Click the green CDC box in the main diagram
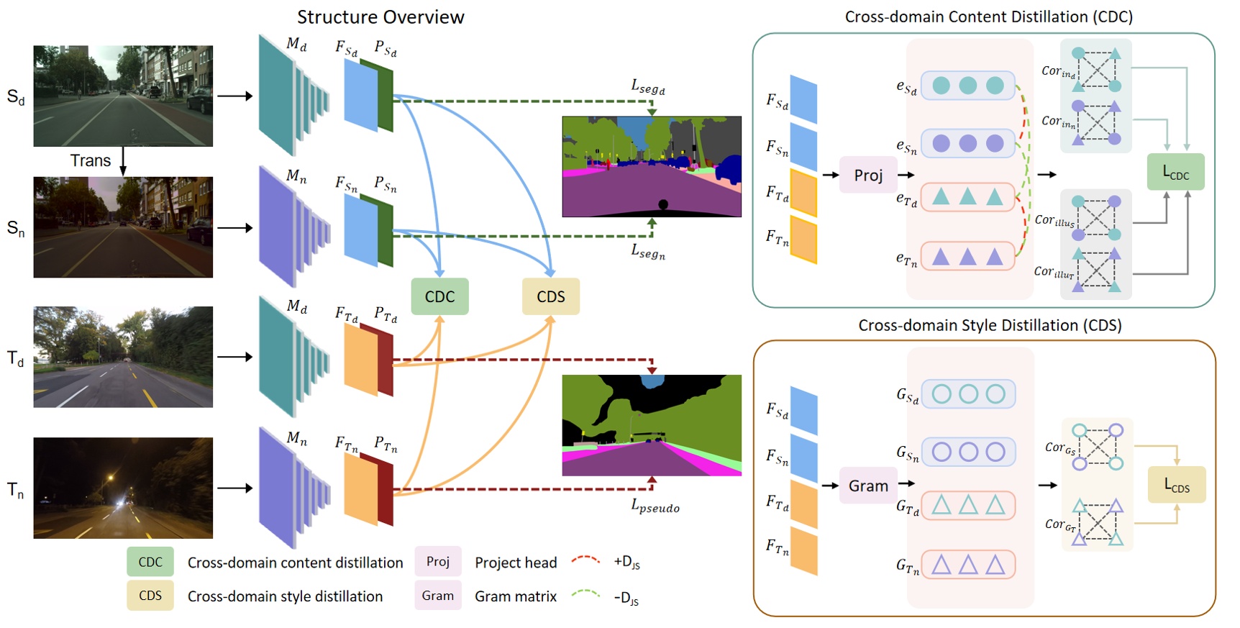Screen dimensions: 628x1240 pyautogui.click(x=439, y=296)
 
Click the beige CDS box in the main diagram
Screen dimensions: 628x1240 pyautogui.click(x=550, y=296)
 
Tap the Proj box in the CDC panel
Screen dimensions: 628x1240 pyautogui.click(x=868, y=175)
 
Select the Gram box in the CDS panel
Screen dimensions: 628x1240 pyautogui.click(x=868, y=486)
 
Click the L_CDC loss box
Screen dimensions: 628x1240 pyautogui.click(x=1176, y=172)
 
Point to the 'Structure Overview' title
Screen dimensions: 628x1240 pyautogui.click(x=380, y=17)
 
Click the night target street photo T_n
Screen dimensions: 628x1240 pyautogui.click(x=123, y=488)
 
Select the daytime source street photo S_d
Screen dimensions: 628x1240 pyautogui.click(x=123, y=96)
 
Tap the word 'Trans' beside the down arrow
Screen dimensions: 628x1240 pyautogui.click(x=91, y=160)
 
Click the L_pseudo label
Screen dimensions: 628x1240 pyautogui.click(x=655, y=507)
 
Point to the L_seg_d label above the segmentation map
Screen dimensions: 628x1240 pyautogui.click(x=647, y=88)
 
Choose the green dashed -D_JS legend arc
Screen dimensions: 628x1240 pyautogui.click(x=585, y=594)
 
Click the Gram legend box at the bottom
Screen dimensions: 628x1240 pyautogui.click(x=437, y=596)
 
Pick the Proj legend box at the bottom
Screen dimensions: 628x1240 pyautogui.click(x=437, y=561)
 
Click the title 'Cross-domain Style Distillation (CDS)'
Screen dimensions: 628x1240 pyautogui.click(x=990, y=325)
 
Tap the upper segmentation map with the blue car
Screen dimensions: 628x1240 pyautogui.click(x=652, y=166)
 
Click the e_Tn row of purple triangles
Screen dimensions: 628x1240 pyautogui.click(x=967, y=256)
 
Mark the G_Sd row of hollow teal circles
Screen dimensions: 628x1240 pyautogui.click(x=968, y=393)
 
